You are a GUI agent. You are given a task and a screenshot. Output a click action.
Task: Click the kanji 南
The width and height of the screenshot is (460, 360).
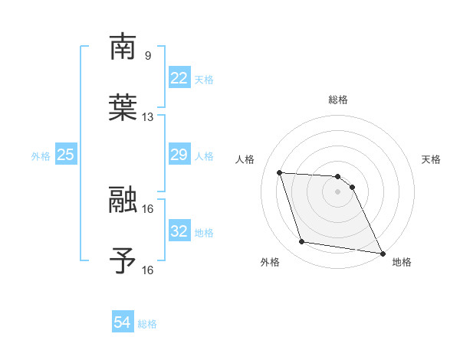click(x=123, y=47)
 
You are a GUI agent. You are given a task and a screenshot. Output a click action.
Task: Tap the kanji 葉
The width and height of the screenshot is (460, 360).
click(x=123, y=108)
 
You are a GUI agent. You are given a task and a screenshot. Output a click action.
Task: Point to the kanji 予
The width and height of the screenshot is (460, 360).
click(x=123, y=261)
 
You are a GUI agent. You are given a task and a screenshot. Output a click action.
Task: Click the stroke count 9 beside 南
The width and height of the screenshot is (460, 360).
click(x=148, y=55)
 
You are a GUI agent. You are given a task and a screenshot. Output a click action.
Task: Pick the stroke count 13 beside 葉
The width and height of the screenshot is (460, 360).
click(x=148, y=117)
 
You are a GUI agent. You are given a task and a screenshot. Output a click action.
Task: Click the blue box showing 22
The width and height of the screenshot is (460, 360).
click(x=179, y=78)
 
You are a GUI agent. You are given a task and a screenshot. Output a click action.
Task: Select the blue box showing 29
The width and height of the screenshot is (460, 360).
click(x=179, y=155)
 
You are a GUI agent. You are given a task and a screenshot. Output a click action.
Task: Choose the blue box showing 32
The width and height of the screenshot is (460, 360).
click(x=179, y=231)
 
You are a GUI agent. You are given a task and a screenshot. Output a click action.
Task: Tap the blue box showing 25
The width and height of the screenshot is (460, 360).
click(x=66, y=155)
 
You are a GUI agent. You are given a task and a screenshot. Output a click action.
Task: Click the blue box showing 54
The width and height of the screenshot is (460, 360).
click(x=123, y=323)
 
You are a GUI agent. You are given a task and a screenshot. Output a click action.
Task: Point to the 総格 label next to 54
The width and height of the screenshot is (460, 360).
click(x=147, y=324)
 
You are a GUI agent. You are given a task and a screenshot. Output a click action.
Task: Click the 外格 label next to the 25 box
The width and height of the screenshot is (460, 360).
click(x=41, y=155)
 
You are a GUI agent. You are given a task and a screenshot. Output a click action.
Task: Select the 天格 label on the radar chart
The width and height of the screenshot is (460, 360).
click(x=432, y=159)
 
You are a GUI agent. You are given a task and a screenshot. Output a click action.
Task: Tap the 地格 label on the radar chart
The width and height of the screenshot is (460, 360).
click(x=402, y=262)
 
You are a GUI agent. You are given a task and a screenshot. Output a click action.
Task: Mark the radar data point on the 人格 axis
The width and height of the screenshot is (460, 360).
click(x=280, y=172)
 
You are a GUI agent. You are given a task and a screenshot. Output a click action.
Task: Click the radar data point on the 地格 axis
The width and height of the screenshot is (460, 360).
click(x=382, y=253)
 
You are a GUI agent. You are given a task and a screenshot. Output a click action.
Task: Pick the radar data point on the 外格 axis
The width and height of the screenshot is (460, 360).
click(x=302, y=242)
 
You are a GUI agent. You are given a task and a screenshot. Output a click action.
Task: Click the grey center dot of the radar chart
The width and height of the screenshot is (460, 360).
click(x=337, y=191)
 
